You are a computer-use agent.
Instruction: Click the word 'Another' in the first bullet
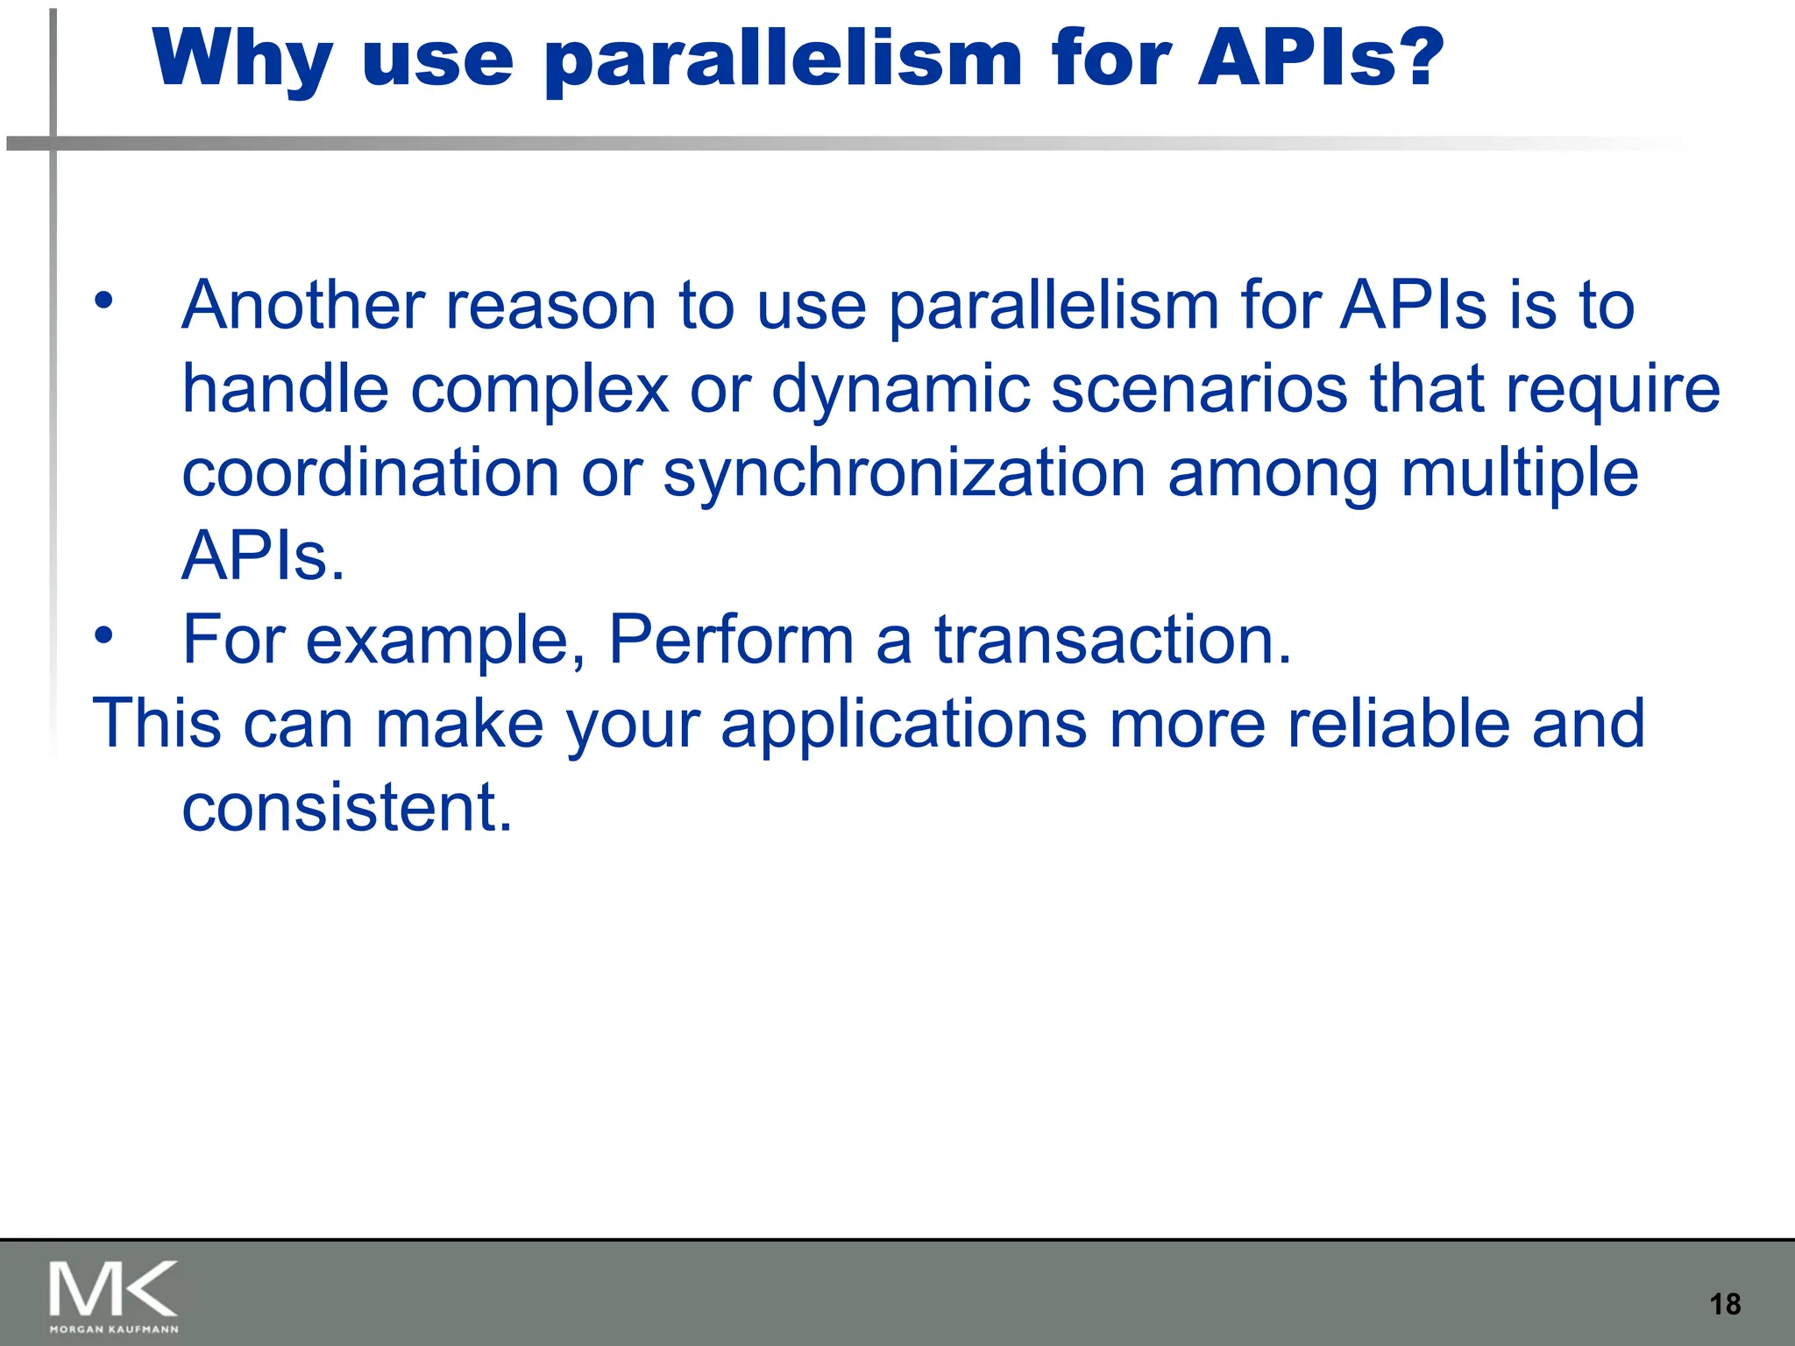click(x=302, y=306)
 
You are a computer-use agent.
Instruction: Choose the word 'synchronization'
click(x=904, y=474)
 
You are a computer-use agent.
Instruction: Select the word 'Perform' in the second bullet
click(x=730, y=641)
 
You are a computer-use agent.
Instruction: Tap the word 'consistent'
click(x=346, y=807)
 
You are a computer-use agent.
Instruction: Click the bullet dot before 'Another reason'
click(x=104, y=301)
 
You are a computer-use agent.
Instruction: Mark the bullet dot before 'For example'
click(x=104, y=635)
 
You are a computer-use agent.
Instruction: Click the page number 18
click(x=1725, y=1304)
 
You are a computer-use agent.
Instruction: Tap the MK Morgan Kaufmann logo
click(x=114, y=1296)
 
